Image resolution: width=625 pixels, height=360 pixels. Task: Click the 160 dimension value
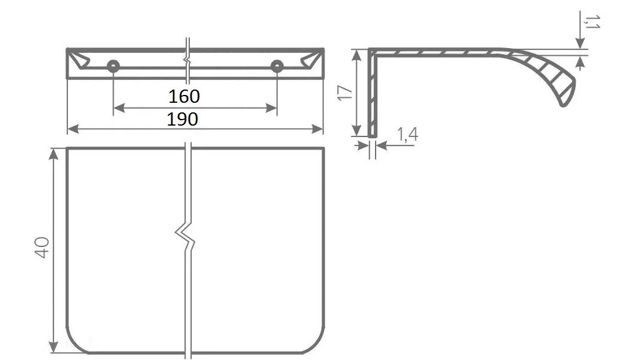point(184,97)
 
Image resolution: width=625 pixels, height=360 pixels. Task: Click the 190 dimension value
point(182,119)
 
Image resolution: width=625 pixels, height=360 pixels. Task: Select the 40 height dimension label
point(42,248)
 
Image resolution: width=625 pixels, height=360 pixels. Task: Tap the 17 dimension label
point(345,93)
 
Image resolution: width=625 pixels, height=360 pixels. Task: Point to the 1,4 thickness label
point(407,135)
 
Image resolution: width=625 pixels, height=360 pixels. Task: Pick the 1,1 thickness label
point(592,22)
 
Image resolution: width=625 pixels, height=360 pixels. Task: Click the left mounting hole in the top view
point(113,67)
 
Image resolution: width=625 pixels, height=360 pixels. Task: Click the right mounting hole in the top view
point(276,67)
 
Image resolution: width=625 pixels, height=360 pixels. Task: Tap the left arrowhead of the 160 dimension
point(119,108)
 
